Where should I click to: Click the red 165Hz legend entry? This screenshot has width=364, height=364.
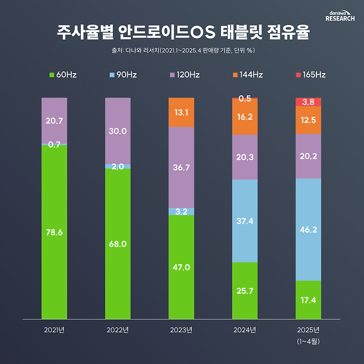[310, 75]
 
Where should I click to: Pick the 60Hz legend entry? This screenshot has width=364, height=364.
[63, 75]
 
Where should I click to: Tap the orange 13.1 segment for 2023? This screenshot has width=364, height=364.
[181, 112]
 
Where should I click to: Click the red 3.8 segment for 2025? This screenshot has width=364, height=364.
[309, 102]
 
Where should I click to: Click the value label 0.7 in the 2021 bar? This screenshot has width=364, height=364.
[54, 144]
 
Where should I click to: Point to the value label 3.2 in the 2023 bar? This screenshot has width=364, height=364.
[181, 211]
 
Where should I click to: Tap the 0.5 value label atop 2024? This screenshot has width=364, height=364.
[245, 98]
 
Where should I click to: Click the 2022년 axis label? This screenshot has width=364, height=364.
[117, 330]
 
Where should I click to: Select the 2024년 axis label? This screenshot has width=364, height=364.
[245, 330]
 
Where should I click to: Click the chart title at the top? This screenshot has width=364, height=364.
[182, 33]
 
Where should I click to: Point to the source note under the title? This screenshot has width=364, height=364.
[182, 50]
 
